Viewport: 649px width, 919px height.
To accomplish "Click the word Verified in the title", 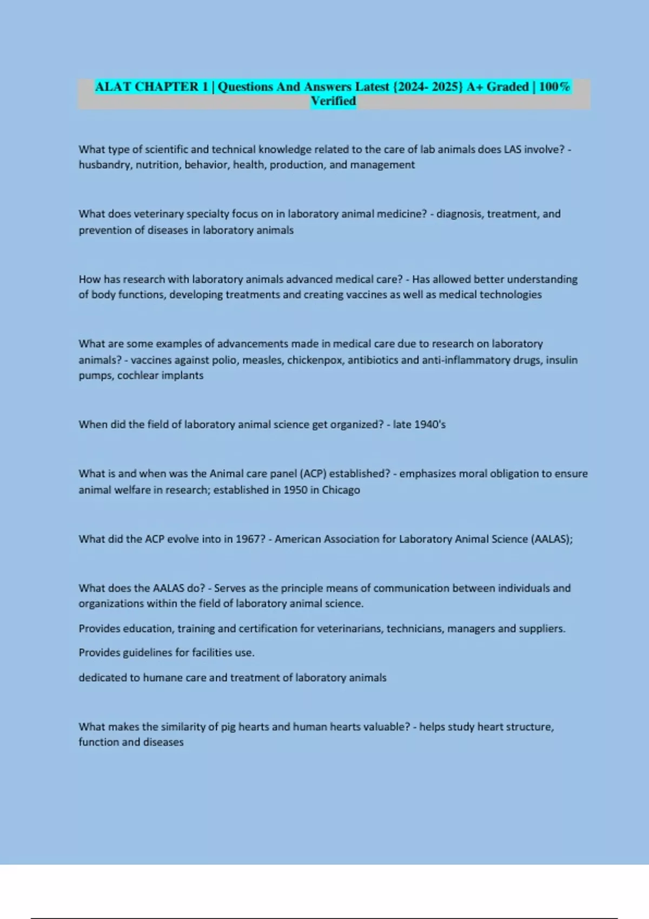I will point(333,101).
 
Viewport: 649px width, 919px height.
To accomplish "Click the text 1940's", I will point(430,424).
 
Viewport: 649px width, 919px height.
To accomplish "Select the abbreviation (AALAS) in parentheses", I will point(552,539).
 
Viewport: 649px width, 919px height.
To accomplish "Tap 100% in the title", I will point(554,86).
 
